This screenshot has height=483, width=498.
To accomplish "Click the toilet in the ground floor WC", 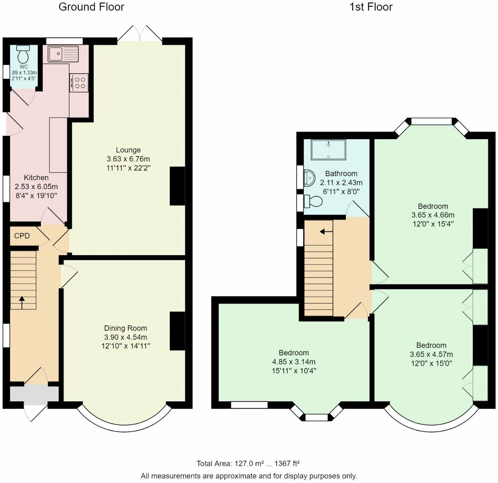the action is point(23,54).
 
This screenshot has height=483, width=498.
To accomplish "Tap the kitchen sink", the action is point(63,54).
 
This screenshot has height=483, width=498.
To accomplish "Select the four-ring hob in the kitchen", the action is point(79,83).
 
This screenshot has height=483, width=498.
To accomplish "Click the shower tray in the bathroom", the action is point(328,150).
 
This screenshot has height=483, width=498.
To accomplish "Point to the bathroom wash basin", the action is point(309,178).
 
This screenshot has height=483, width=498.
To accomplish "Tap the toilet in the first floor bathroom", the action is point(313,201).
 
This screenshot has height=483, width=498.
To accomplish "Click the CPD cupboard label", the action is point(22,235).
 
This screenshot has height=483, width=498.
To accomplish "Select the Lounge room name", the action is point(128,150).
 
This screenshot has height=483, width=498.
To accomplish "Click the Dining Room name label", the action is point(125,328).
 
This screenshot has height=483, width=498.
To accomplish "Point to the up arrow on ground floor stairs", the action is point(22,302).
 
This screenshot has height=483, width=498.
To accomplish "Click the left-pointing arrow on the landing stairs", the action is point(326,232).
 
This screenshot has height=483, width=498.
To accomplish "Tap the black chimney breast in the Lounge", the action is point(177,186).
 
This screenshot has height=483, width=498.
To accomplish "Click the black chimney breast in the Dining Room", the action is point(177,331).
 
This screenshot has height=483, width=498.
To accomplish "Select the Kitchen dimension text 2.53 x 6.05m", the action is point(36,186).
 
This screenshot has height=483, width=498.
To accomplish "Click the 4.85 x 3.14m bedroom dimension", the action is point(294,361).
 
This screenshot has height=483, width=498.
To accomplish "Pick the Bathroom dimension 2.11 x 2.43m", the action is point(341,183).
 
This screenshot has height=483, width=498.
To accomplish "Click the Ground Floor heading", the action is point(91,7).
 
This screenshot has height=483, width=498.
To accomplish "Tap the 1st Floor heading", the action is point(371,7).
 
